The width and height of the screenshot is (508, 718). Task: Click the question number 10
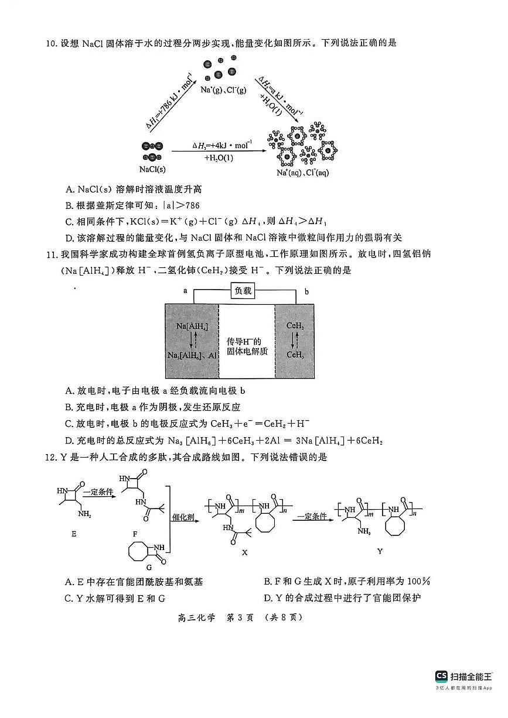point(50,43)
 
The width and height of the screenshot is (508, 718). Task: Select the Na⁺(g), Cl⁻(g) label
point(223,90)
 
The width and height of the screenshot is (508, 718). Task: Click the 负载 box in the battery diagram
point(243,291)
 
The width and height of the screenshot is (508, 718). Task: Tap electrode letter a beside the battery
point(185,290)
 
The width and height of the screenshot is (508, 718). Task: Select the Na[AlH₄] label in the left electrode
point(192,325)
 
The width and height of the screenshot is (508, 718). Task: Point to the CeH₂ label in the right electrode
point(295,325)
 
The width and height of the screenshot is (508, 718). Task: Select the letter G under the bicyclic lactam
point(149,566)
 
